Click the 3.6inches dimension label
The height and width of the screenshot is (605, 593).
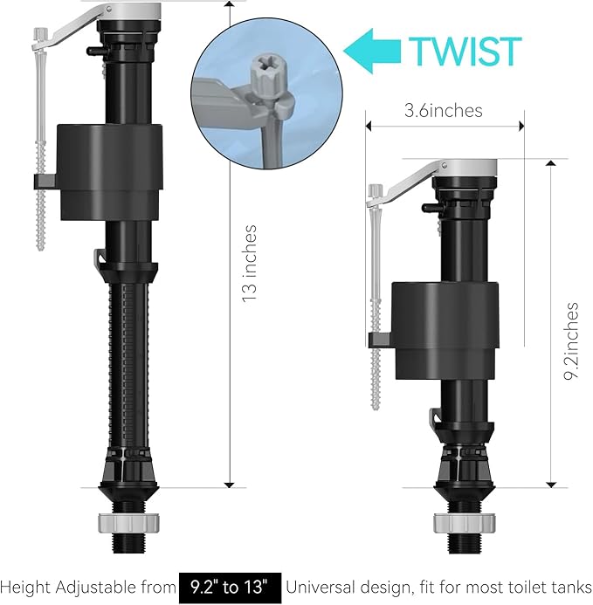tap(443, 110)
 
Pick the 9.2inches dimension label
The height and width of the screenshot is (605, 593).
tap(572, 341)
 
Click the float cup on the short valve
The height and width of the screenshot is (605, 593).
tap(444, 329)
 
